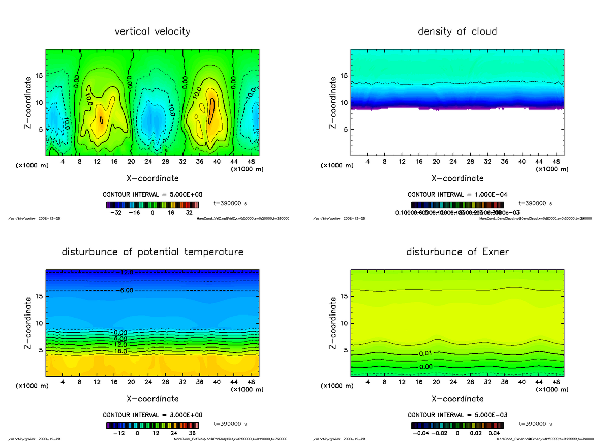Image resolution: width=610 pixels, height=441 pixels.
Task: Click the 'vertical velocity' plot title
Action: click(x=152, y=31)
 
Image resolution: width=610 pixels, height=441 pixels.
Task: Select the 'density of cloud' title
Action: click(x=457, y=31)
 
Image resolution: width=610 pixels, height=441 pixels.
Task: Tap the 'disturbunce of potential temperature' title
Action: click(x=152, y=252)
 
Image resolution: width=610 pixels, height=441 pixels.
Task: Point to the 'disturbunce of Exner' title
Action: click(x=457, y=252)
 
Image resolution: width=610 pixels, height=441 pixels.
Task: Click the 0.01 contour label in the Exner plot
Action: click(x=426, y=353)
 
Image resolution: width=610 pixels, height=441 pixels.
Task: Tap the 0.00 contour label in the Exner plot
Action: click(x=426, y=366)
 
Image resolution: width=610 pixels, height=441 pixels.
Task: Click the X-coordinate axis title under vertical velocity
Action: click(x=152, y=178)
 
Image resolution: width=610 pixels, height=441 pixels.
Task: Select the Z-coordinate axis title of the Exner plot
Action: click(x=333, y=323)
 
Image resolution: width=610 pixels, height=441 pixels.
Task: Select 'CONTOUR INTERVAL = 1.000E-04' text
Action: click(x=457, y=195)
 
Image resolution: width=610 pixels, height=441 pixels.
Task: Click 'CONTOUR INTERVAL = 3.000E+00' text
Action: click(x=152, y=415)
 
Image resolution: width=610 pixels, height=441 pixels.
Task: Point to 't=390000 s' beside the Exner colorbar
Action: click(x=535, y=424)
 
